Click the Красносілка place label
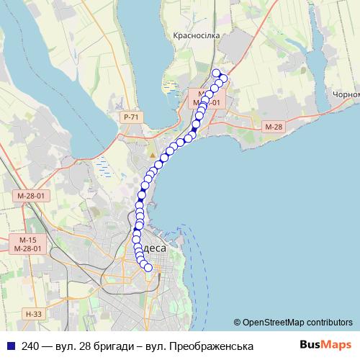tap(195, 35)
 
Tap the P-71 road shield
tap(130, 117)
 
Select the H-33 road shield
tap(33, 313)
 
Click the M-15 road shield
tap(27, 239)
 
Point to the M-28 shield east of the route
tap(273, 127)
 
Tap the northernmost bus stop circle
tap(215, 72)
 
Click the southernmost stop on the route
tap(148, 268)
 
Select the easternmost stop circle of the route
tap(223, 78)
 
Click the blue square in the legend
tap(10, 345)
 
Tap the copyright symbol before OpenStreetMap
tap(237, 322)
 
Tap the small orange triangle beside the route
tap(153, 155)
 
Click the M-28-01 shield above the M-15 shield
tap(31, 196)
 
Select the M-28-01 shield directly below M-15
tap(29, 248)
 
